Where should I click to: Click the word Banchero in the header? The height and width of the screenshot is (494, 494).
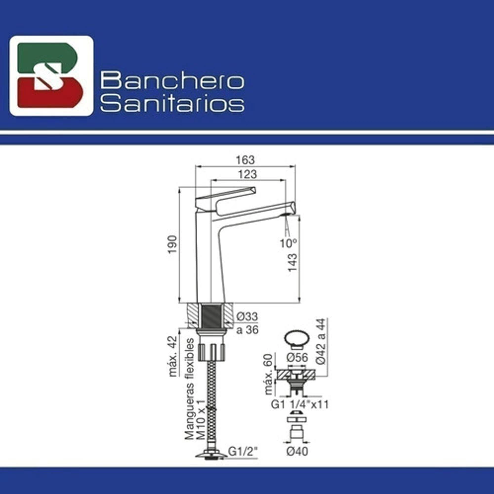click(172, 81)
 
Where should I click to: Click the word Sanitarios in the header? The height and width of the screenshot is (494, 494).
click(172, 103)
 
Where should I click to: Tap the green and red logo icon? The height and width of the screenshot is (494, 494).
click(51, 76)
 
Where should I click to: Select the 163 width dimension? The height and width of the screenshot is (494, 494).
click(245, 160)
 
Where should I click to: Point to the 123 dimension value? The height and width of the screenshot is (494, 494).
click(247, 174)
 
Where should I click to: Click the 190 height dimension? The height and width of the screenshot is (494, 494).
click(172, 245)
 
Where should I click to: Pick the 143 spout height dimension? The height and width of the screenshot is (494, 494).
click(292, 262)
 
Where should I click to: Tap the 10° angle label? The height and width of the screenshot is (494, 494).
click(288, 243)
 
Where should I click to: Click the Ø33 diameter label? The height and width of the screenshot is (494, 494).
click(247, 316)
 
